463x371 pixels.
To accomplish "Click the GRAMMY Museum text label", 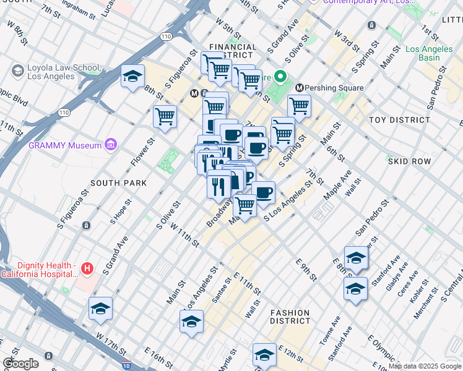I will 65,145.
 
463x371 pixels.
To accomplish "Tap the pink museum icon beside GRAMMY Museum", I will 111,145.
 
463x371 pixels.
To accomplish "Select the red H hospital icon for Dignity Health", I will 87,269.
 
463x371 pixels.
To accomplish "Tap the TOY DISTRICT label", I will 399,120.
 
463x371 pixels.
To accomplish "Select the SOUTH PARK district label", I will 119,183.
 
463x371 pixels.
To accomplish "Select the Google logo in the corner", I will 20,364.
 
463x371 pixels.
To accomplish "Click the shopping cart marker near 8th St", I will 165,116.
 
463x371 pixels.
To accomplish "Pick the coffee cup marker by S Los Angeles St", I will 263,192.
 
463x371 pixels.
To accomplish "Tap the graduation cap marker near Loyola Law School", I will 132,76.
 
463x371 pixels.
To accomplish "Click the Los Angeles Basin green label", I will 431,53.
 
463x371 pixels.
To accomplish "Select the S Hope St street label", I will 121,211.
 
